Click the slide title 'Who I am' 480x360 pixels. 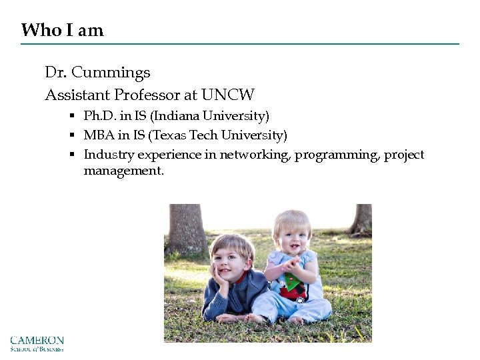[62, 30]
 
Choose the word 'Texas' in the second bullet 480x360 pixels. [168, 136]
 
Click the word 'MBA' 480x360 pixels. [97, 136]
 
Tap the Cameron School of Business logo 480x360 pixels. [37, 343]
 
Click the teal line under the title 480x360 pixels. [240, 44]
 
